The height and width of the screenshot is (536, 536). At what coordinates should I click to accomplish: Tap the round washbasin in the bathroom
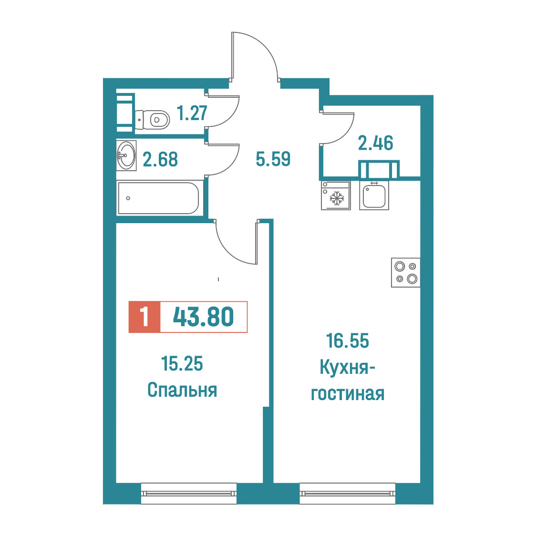[126, 155]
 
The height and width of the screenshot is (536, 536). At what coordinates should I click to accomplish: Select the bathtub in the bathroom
[160, 198]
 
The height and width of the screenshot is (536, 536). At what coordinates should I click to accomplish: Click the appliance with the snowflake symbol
[336, 195]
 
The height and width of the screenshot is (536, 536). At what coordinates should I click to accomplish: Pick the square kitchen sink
[374, 195]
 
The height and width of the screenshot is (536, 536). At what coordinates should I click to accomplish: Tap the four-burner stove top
[406, 272]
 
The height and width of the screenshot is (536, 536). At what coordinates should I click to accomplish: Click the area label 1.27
[192, 113]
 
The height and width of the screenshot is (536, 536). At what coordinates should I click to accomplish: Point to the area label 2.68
[160, 159]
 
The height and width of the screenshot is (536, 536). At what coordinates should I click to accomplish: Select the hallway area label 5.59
[273, 159]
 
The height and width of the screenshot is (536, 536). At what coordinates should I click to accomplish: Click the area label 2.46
[376, 143]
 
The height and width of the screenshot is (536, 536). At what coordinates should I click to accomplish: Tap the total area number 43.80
[204, 317]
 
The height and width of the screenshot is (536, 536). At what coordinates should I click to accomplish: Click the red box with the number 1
[144, 317]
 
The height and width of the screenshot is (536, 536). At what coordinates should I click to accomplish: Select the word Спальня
[182, 390]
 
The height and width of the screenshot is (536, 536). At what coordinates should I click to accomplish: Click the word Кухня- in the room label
[347, 368]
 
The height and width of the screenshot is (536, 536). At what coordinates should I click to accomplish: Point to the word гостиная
[348, 394]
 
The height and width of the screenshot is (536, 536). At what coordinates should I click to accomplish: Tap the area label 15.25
[182, 363]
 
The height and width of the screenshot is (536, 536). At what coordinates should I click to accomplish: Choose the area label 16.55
[348, 341]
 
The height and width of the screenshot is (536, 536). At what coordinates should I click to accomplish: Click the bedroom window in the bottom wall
[189, 493]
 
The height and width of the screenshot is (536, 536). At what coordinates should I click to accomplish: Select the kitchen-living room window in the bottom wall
[348, 493]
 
